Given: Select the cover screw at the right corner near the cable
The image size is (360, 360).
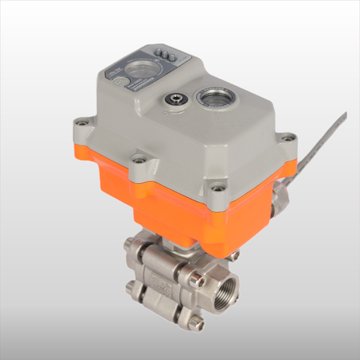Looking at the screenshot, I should point(288,139).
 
